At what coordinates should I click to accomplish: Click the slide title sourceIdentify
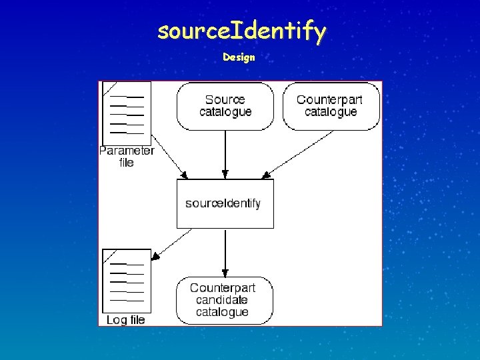pyautogui.click(x=241, y=31)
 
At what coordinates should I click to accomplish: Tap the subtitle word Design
pyautogui.click(x=239, y=57)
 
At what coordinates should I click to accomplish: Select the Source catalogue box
pyautogui.click(x=225, y=106)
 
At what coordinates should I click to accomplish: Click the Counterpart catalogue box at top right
pyautogui.click(x=331, y=106)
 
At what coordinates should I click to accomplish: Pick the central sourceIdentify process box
pyautogui.click(x=225, y=203)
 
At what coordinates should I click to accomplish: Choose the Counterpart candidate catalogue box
pyautogui.click(x=225, y=300)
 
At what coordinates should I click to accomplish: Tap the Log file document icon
pyautogui.click(x=127, y=280)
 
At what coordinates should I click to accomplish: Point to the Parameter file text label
pyautogui.click(x=127, y=156)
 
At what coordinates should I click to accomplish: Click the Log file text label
pyautogui.click(x=125, y=320)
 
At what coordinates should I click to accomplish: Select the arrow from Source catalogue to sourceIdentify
pyautogui.click(x=225, y=153)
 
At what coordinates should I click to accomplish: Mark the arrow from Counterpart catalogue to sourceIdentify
pyautogui.click(x=300, y=153)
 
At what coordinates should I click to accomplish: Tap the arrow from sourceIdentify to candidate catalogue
pyautogui.click(x=225, y=252)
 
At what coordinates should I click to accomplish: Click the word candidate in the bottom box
pyautogui.click(x=223, y=300)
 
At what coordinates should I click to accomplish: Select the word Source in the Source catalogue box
pyautogui.click(x=225, y=100)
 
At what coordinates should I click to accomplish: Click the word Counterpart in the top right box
pyautogui.click(x=329, y=100)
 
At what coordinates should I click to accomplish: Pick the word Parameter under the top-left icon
pyautogui.click(x=127, y=151)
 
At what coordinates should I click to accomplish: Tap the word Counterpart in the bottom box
pyautogui.click(x=223, y=288)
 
